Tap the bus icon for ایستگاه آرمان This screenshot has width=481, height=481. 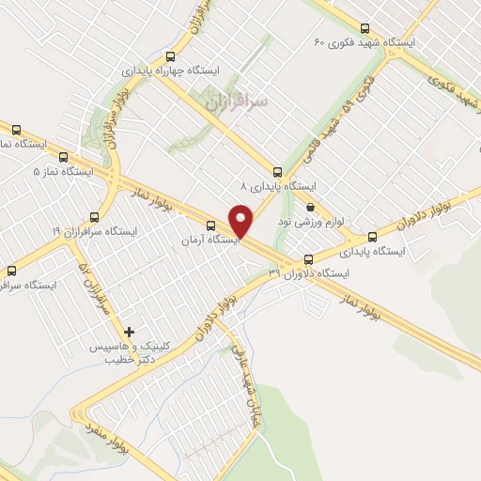[210, 225]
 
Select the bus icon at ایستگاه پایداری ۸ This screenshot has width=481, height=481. [276, 172]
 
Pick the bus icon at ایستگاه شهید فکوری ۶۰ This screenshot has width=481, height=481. [365, 28]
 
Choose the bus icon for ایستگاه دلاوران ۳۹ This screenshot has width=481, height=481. [307, 259]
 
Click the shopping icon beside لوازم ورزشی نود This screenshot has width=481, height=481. [310, 209]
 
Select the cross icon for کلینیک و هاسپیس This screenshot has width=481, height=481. [129, 332]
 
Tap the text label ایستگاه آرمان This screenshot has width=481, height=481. [210, 240]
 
